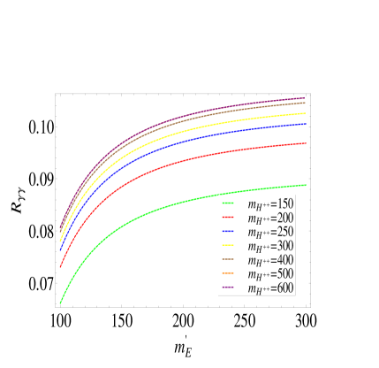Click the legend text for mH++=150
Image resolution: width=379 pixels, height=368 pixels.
(270, 203)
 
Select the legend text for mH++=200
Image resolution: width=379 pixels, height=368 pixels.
(270, 218)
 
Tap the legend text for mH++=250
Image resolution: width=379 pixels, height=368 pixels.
(270, 232)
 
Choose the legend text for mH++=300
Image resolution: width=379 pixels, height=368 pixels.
(270, 246)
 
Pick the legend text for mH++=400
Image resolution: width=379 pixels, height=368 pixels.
(270, 260)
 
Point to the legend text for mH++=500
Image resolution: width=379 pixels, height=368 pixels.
(270, 274)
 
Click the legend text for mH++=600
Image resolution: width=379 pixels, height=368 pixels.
(270, 288)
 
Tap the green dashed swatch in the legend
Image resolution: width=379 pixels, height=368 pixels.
(228, 203)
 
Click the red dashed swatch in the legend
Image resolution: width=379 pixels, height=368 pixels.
(228, 217)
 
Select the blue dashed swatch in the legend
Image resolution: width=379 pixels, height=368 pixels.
(228, 231)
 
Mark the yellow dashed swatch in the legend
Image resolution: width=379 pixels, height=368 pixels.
(228, 245)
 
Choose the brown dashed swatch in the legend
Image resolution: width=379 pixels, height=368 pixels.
(228, 259)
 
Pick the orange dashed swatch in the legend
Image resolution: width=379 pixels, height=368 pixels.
(228, 273)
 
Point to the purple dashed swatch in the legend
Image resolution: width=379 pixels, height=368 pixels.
(228, 287)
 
